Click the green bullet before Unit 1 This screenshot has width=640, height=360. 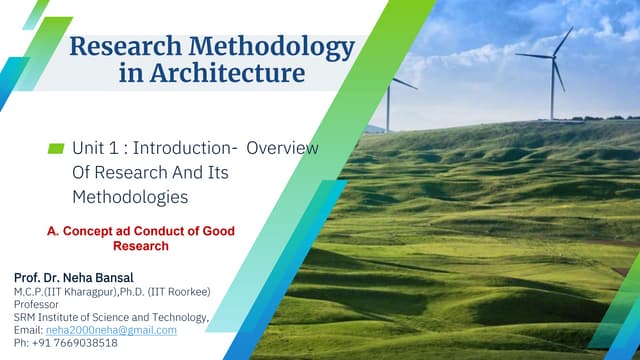click(x=56, y=148)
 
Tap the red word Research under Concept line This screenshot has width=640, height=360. click(x=140, y=246)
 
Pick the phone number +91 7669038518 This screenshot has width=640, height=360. click(x=74, y=342)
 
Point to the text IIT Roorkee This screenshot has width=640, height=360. click(x=179, y=290)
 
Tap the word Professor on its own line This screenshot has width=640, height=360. click(x=37, y=303)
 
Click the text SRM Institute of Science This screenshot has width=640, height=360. click(x=80, y=316)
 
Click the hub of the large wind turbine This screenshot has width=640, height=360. click(x=552, y=56)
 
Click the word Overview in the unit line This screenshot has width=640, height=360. click(x=282, y=148)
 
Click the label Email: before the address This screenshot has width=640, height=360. click(x=28, y=329)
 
